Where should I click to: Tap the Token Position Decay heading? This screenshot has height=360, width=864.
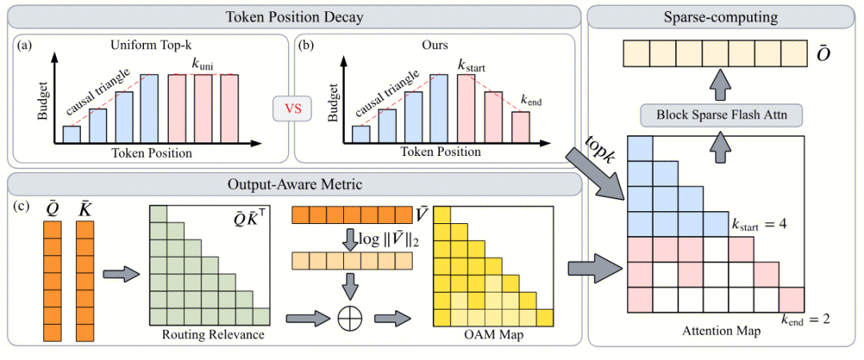pos(294,18)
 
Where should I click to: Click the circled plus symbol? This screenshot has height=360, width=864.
pos(348,318)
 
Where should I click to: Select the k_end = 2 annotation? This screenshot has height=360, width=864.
pos(806,318)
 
